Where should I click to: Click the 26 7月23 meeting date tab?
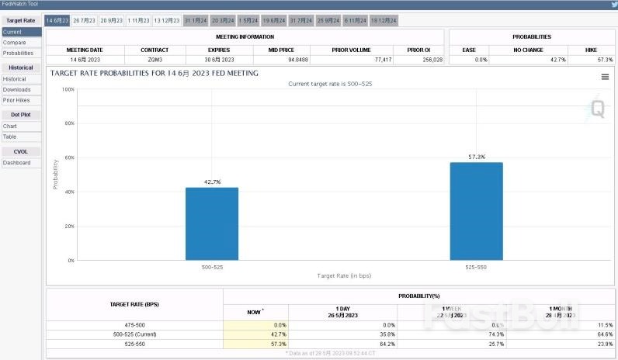click(85, 20)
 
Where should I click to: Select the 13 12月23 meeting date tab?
click(167, 20)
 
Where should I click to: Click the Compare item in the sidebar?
click(15, 43)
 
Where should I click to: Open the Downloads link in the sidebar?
click(17, 89)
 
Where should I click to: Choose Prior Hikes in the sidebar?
click(17, 100)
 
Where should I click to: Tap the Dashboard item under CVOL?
click(17, 163)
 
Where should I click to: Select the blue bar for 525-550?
click(476, 211)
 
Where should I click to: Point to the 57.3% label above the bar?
click(477, 157)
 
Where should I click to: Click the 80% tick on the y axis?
click(68, 123)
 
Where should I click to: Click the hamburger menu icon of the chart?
click(605, 77)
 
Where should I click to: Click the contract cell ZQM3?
click(154, 59)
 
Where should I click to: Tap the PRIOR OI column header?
click(419, 50)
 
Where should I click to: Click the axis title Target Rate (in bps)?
click(344, 275)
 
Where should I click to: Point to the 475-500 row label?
click(134, 324)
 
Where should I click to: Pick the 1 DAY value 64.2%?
click(384, 343)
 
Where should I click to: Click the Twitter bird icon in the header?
click(614, 5)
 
